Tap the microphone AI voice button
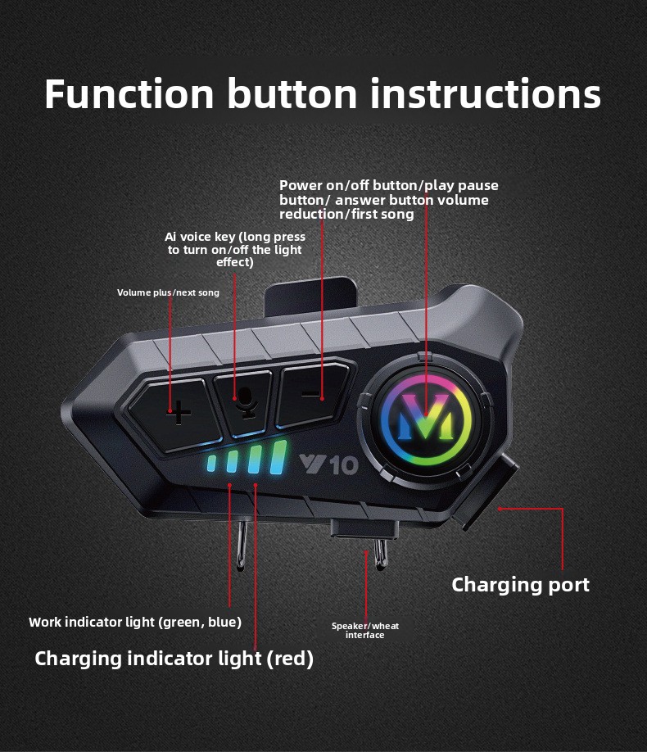[245, 401]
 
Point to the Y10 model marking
[328, 464]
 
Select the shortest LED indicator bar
[211, 464]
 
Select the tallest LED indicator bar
[278, 458]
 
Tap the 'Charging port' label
[520, 585]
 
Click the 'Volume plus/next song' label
[168, 292]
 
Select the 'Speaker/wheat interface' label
[365, 630]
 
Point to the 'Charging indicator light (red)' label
[174, 659]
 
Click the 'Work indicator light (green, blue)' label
[135, 623]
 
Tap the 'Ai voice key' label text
[235, 249]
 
